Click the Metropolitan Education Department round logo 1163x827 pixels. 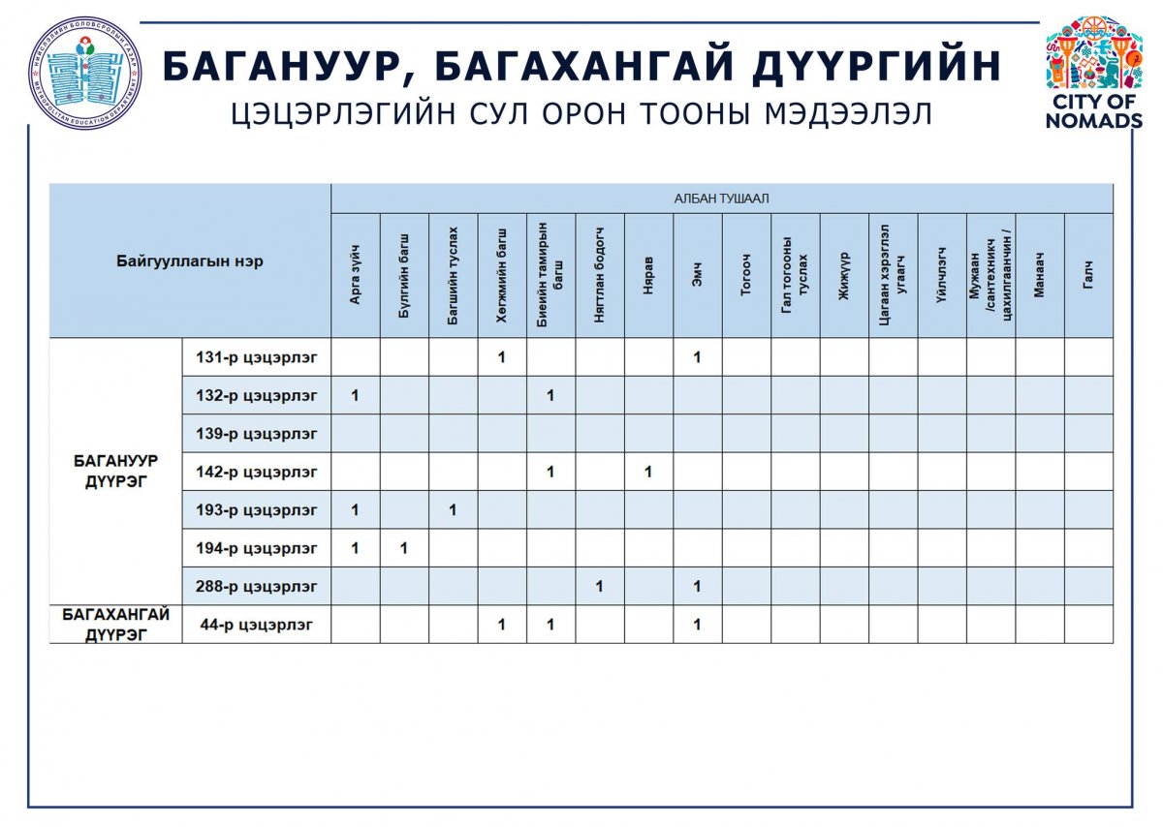84,73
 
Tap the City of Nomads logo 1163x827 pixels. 1093,73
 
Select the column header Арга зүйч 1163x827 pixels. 355,276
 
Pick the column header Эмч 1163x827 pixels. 698,276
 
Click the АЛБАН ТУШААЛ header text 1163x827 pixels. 721,199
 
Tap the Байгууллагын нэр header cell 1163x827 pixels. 190,260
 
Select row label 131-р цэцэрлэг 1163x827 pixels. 256,357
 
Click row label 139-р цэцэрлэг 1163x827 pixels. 256,434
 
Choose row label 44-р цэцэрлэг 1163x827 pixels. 256,625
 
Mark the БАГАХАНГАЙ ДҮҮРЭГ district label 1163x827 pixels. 115,624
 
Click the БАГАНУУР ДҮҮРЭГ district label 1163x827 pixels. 115,471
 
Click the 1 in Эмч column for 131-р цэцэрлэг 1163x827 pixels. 697,357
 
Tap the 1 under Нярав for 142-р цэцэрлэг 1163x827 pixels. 647,472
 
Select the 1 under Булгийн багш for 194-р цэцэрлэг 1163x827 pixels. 403,548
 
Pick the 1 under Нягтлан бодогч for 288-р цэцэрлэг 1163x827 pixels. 599,586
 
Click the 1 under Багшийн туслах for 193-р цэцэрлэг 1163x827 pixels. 453,510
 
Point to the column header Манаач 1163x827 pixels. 1039,276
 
